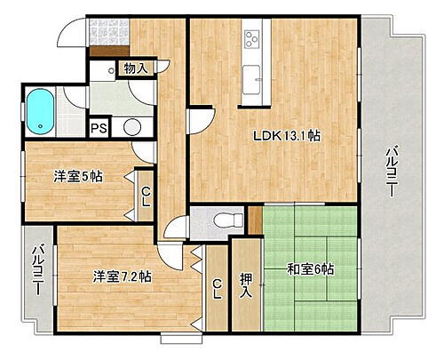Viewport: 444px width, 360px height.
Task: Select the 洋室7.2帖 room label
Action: point(122,276)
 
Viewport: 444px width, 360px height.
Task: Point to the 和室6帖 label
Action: point(311,268)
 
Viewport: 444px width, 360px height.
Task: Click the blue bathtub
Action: point(42,109)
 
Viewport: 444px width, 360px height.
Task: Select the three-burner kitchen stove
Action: point(251,39)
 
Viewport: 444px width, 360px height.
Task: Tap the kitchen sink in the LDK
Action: point(251,74)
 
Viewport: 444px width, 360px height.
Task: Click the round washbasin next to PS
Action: point(131,126)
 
